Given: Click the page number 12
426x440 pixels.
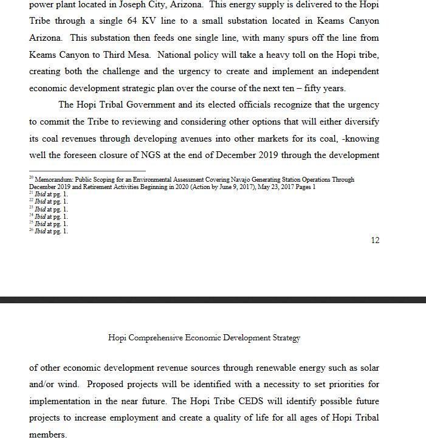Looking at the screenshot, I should point(375,241).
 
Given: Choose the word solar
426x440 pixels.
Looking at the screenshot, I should point(368,368).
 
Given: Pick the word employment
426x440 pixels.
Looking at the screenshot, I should point(147,419).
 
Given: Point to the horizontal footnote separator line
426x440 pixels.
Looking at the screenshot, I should point(88,171).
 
